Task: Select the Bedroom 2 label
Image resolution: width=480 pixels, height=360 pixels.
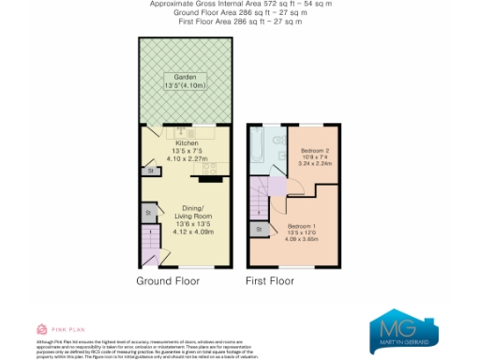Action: coord(314,150)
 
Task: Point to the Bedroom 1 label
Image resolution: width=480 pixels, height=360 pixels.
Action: coord(302,226)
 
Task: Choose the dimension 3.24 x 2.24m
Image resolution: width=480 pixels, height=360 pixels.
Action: coord(314,163)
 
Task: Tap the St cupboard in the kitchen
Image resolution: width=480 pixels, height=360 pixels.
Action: coord(149,171)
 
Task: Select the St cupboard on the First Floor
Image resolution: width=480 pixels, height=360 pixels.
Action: coord(257,228)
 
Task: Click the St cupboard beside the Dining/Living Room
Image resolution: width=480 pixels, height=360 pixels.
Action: coord(148,215)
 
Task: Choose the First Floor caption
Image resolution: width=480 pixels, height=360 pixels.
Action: coord(270,280)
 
